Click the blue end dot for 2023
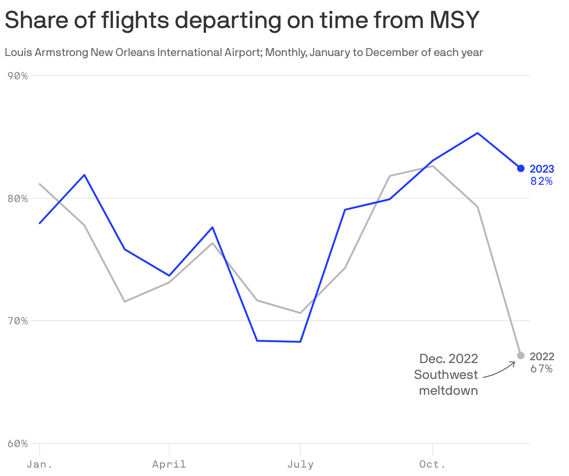521,168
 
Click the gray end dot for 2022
521,356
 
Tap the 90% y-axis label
18,76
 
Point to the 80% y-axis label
18,198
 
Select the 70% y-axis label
18,321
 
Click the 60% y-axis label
18,443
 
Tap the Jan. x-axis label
40,464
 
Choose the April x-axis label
169,464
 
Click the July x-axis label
300,464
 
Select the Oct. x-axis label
432,464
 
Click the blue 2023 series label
542,169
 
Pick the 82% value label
541,181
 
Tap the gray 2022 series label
542,357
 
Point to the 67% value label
541,369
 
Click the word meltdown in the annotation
448,391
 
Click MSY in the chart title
454,20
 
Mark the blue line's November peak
478,133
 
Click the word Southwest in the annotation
446,375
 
